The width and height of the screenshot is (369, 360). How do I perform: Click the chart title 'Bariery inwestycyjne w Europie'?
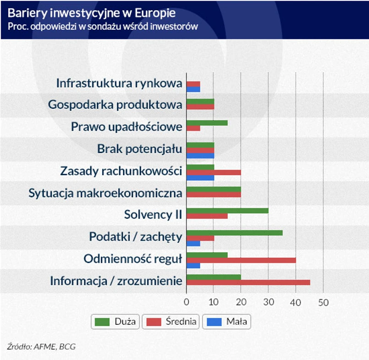91,12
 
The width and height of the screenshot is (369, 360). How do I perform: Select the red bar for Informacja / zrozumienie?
248,282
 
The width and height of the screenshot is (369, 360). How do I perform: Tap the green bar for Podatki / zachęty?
234,233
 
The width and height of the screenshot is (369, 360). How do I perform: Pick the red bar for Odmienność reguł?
241,260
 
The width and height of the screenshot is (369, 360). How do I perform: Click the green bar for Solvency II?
227,210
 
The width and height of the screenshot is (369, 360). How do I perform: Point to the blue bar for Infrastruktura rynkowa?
193,89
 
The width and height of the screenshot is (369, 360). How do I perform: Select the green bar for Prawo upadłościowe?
207,122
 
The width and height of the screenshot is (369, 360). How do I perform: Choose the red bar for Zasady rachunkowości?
214,172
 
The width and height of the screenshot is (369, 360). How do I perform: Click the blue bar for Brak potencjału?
200,155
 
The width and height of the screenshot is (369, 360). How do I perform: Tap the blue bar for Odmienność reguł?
193,266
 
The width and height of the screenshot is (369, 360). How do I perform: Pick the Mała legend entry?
226,321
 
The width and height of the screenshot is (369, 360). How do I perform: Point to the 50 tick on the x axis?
324,302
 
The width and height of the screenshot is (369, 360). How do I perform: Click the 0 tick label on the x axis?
186,302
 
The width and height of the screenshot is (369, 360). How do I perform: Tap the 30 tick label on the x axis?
269,302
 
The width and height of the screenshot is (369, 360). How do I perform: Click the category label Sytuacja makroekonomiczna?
105,193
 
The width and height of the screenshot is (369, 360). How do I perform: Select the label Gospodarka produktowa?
115,105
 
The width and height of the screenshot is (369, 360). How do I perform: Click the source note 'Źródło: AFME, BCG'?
41,346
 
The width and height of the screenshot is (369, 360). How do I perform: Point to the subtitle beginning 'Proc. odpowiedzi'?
103,26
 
